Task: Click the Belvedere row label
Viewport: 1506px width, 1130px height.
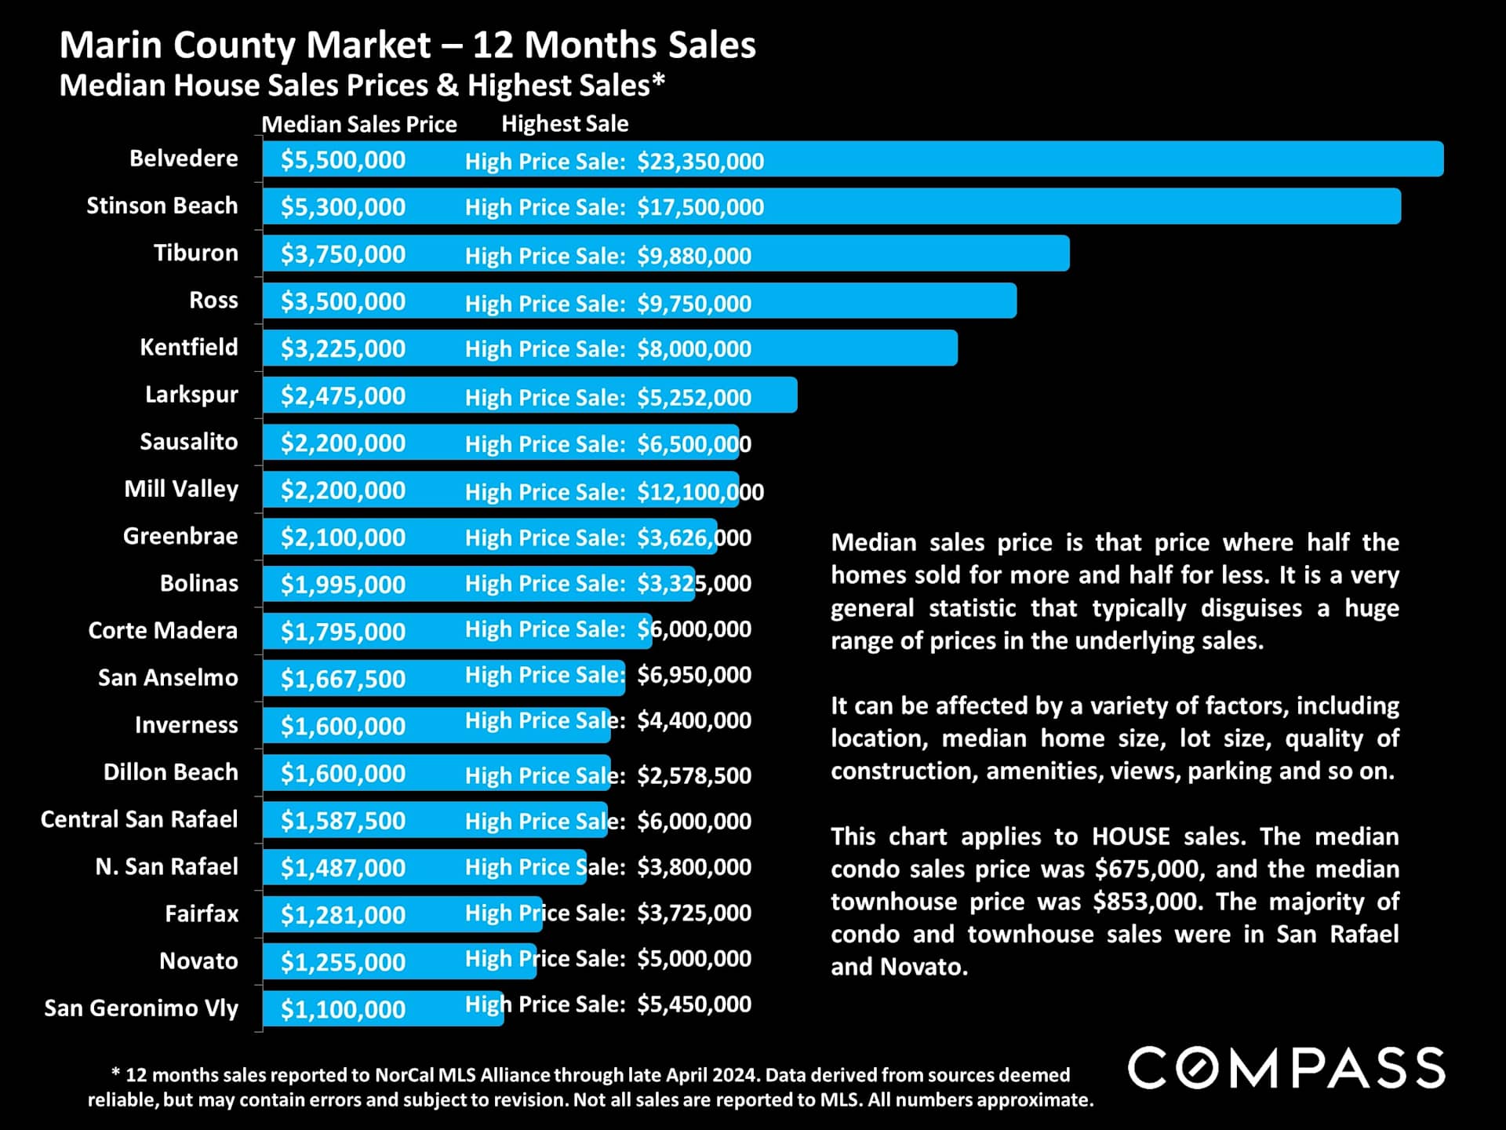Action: pyautogui.click(x=184, y=159)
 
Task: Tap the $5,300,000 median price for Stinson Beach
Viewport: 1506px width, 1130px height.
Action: pyautogui.click(x=343, y=207)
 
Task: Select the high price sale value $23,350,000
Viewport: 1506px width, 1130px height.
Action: pyautogui.click(x=700, y=162)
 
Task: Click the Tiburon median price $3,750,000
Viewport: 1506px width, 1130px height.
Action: pyautogui.click(x=343, y=254)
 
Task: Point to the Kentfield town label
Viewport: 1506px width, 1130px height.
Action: pyautogui.click(x=188, y=347)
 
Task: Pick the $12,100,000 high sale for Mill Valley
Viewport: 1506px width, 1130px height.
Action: pyautogui.click(x=700, y=492)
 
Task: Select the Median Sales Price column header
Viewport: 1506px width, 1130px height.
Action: pyautogui.click(x=358, y=124)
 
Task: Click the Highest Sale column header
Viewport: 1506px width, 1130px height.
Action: pyautogui.click(x=565, y=124)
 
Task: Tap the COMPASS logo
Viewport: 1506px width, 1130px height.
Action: pyautogui.click(x=1286, y=1068)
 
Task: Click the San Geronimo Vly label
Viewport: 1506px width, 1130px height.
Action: pyautogui.click(x=141, y=1008)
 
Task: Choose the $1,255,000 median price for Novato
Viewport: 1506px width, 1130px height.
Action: pyautogui.click(x=343, y=962)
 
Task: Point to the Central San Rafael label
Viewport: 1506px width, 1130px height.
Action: pyautogui.click(x=139, y=819)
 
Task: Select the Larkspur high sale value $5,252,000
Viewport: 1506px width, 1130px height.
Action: pyautogui.click(x=693, y=398)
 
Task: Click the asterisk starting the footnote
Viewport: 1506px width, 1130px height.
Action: pyautogui.click(x=115, y=1073)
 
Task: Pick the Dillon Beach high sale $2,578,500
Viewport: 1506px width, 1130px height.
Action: pyautogui.click(x=693, y=775)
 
